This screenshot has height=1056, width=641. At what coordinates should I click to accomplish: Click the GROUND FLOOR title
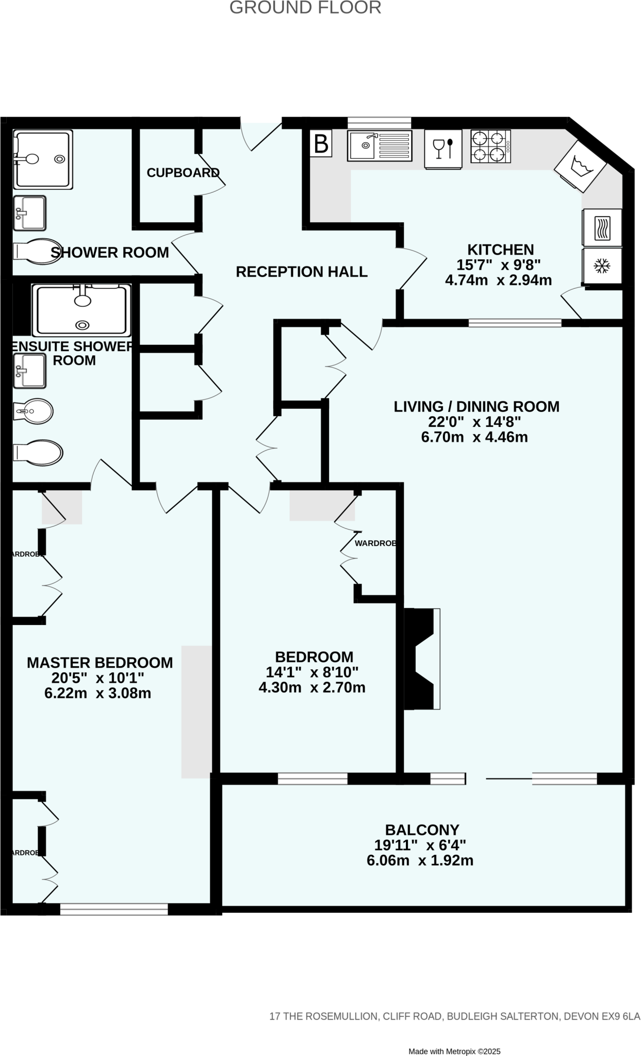click(305, 8)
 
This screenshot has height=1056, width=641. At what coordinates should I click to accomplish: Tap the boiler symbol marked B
click(321, 144)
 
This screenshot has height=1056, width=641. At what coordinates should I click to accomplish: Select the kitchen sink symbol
click(380, 145)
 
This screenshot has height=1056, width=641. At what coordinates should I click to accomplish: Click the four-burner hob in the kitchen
click(490, 146)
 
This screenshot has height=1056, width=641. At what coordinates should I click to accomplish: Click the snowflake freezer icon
click(602, 267)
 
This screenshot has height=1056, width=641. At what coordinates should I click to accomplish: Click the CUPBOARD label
click(183, 173)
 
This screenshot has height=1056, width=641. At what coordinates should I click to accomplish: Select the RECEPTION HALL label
click(302, 272)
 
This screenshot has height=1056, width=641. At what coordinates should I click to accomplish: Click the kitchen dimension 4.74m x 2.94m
click(498, 280)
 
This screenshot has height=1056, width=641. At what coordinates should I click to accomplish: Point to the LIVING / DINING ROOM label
click(476, 406)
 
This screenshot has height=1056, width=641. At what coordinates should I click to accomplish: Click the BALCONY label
click(422, 830)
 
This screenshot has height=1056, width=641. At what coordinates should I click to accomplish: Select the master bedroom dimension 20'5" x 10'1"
click(97, 678)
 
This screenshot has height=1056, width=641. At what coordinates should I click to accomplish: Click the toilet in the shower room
click(37, 251)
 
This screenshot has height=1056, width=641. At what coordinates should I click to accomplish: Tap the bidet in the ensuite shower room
click(33, 411)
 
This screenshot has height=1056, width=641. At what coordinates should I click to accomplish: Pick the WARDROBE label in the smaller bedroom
click(375, 543)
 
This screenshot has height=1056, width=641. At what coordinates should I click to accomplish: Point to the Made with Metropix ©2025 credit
click(454, 1051)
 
